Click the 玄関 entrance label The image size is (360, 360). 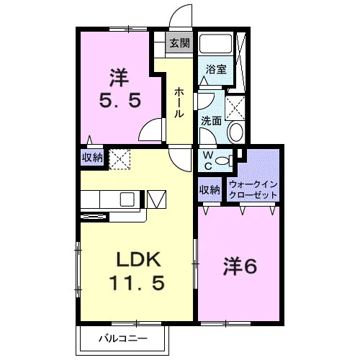pos(179,43)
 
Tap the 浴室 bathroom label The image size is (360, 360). pos(216,70)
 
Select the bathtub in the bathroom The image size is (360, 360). pos(216,43)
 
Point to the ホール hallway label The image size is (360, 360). pos(179,102)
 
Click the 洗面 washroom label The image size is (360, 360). pos(211,121)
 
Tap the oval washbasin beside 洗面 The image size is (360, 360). pos(237,132)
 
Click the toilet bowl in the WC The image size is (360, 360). pos(222,161)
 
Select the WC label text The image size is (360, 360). pos(208,161)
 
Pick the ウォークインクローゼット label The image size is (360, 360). pos(253,189)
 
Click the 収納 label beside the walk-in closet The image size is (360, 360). pos(210,190)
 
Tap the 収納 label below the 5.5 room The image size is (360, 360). pos(92,158)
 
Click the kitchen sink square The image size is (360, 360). pos(127,199)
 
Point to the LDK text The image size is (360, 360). pos(138,259)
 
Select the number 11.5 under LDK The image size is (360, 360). pos(137,282)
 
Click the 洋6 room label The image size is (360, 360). pos(240,266)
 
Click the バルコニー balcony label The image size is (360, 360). pos(123,339)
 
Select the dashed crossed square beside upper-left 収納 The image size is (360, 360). pos(120,159)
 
